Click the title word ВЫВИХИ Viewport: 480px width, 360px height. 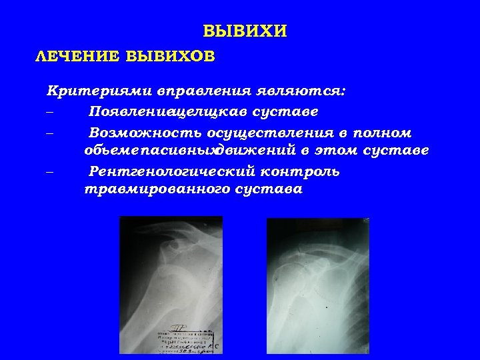pyautogui.click(x=245, y=31)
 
